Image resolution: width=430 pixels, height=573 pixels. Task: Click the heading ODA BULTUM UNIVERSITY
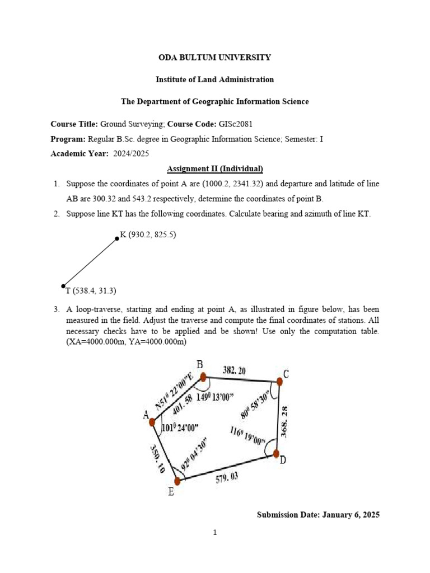click(215, 57)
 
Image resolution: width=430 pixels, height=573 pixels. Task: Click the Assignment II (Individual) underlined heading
click(215, 168)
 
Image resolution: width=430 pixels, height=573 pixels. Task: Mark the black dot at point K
click(117, 238)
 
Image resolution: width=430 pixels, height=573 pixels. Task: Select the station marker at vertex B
click(203, 377)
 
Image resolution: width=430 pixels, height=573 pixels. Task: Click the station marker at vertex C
click(279, 382)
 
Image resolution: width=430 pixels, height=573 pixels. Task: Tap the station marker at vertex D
click(277, 454)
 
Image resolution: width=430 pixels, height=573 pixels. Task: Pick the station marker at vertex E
click(177, 481)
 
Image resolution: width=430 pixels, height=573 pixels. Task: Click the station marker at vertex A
click(152, 422)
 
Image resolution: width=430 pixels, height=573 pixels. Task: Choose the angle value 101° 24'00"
click(180, 429)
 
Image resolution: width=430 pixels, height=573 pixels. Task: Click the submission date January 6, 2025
click(318, 514)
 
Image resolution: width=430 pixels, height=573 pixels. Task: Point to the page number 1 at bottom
click(215, 533)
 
